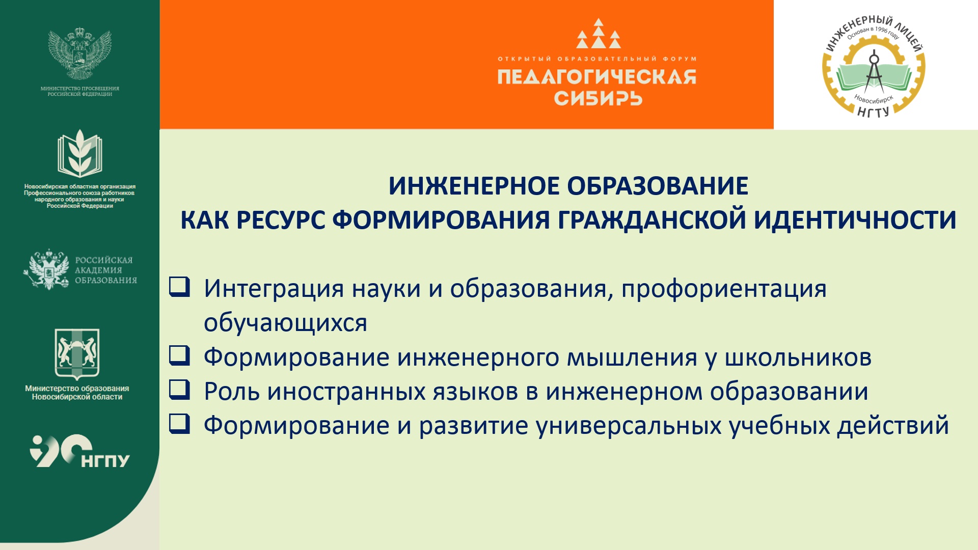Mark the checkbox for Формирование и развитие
point(179,424)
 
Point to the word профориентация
point(724,290)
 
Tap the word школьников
point(798,358)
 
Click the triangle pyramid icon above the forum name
point(599,34)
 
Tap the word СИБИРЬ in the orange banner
point(598,98)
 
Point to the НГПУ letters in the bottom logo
point(105,460)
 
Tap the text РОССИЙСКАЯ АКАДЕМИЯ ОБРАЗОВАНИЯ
point(106,270)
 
